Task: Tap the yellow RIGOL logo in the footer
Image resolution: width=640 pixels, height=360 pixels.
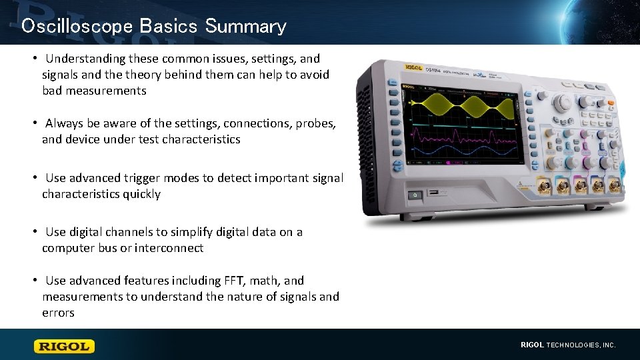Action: click(65, 346)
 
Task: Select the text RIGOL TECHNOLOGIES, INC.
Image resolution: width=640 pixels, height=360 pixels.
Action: click(568, 345)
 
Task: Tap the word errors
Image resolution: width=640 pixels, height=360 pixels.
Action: click(58, 313)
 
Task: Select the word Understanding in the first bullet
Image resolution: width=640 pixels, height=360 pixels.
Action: click(83, 59)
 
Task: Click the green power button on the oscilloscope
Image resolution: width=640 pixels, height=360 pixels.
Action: click(415, 195)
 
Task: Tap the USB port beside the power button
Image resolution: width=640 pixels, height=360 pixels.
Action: click(434, 193)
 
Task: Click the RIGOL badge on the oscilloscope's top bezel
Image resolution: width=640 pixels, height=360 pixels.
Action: click(415, 67)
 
